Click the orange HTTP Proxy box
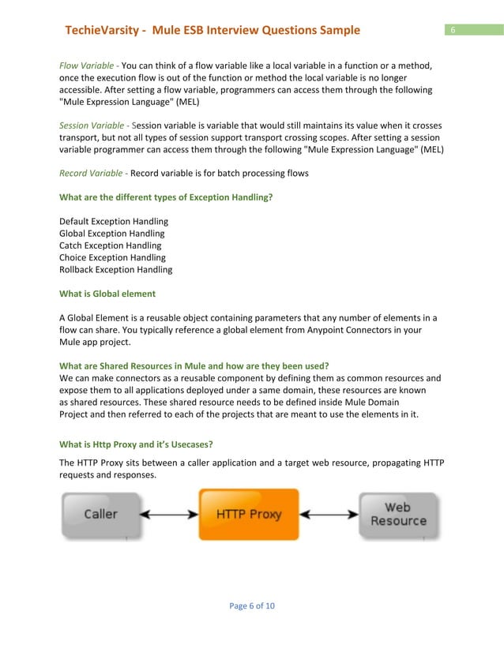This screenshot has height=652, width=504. point(249,514)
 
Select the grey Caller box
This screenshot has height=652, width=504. point(100,515)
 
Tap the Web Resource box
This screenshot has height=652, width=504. point(398,515)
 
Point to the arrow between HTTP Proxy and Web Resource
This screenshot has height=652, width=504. point(329,515)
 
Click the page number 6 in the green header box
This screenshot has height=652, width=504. point(453,30)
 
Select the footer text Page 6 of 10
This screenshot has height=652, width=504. point(252,605)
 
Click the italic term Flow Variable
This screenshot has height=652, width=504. point(87,66)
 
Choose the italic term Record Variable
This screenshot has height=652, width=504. point(92,173)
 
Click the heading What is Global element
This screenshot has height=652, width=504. point(107,294)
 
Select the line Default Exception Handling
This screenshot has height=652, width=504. point(114,222)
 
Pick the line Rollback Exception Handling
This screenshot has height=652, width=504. point(115,269)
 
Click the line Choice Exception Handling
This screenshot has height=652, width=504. point(112,257)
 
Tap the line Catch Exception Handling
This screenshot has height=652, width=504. point(110,245)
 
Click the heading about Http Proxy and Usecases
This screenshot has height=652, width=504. point(136,444)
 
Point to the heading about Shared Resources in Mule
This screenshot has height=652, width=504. point(194,366)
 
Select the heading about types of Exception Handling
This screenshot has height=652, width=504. point(166,197)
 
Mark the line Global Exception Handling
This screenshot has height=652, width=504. point(112,234)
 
